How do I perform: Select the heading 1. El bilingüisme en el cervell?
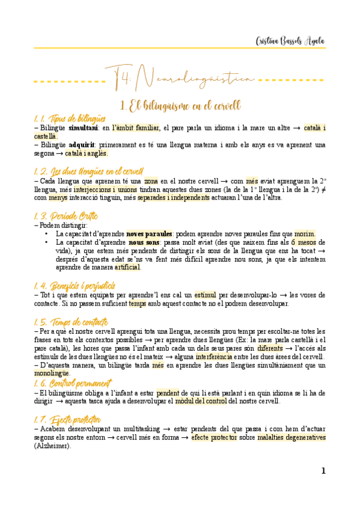tap(180, 106)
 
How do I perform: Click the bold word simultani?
tap(83, 127)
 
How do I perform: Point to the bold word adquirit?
tap(82, 145)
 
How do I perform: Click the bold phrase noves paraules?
tap(149, 233)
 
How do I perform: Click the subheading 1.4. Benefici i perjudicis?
tap(75, 284)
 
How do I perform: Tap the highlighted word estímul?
tap(206, 295)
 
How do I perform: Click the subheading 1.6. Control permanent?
tap(73, 382)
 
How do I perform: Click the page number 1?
tap(323, 471)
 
